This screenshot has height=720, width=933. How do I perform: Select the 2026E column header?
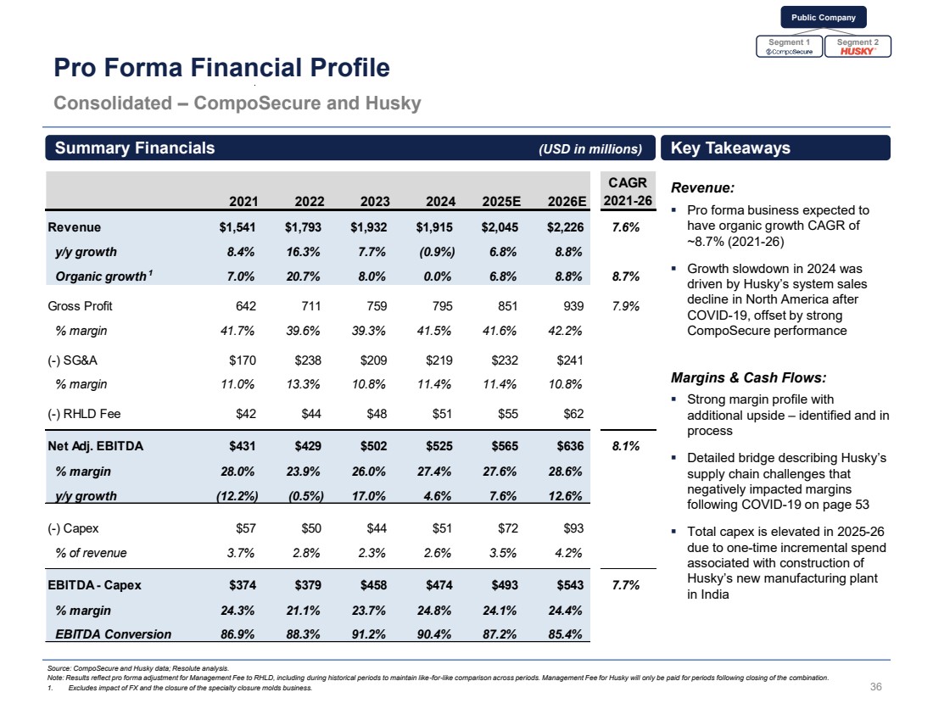pos(567,201)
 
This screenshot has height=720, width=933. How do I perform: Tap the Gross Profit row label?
pos(81,305)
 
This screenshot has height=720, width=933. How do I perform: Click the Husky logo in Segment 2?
pos(858,51)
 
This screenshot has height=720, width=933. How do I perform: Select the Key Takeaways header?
pos(730,148)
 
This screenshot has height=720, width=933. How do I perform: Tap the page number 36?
pos(876,686)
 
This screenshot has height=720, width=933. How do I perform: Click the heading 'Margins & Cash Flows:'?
pos(748,377)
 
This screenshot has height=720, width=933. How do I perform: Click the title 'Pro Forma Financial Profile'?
pos(221,68)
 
